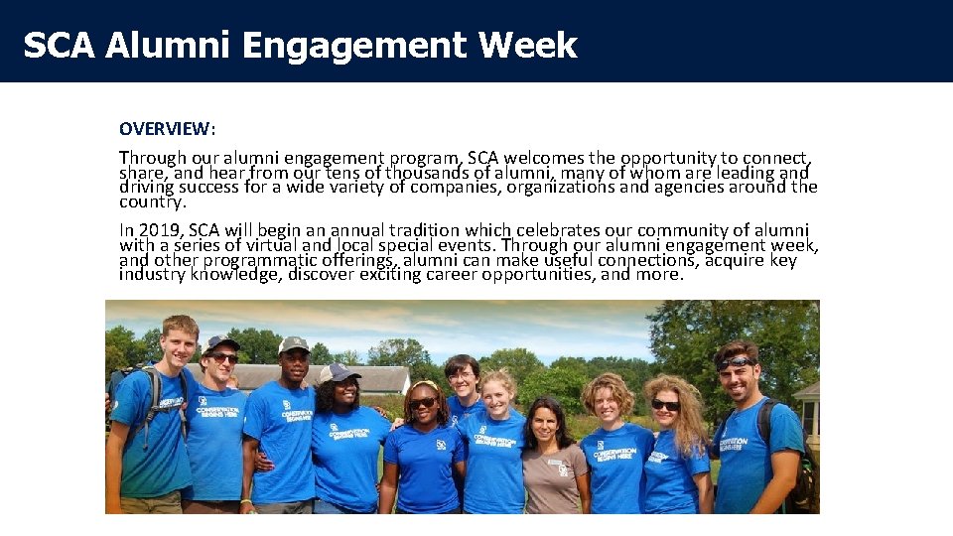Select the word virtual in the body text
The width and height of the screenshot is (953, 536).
[281, 245]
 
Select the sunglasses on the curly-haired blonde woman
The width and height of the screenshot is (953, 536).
[665, 405]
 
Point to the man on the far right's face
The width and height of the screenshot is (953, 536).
[737, 372]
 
